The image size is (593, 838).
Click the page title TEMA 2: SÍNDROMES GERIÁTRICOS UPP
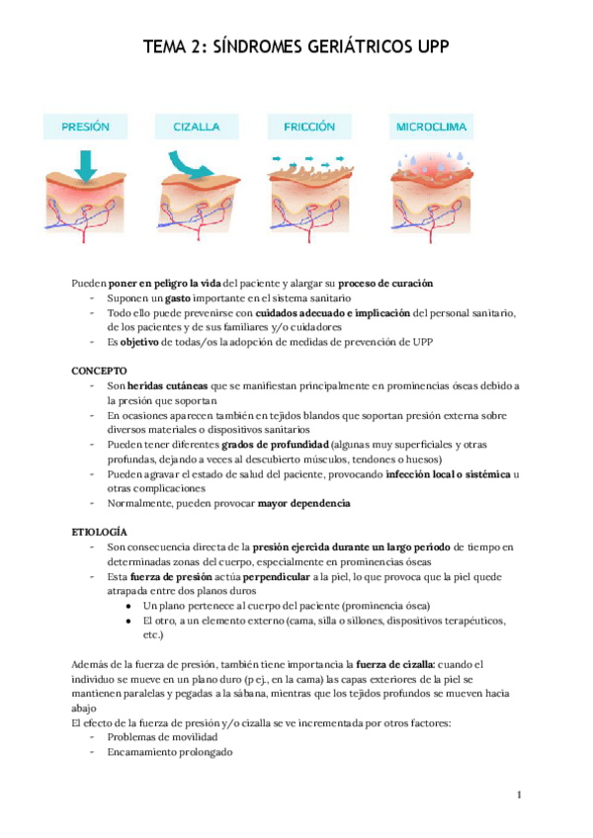(x=296, y=47)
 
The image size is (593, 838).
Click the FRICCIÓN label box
(x=309, y=126)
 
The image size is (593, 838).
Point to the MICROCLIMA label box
(x=431, y=126)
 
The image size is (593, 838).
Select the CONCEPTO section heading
(x=99, y=369)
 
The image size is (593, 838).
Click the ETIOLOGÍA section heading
(x=101, y=531)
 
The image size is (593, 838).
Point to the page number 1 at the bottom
(x=518, y=795)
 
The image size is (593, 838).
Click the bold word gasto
(x=178, y=298)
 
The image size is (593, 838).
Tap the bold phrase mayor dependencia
(x=303, y=503)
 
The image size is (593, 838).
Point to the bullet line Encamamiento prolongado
(x=170, y=752)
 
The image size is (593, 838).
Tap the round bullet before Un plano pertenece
(x=129, y=606)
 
